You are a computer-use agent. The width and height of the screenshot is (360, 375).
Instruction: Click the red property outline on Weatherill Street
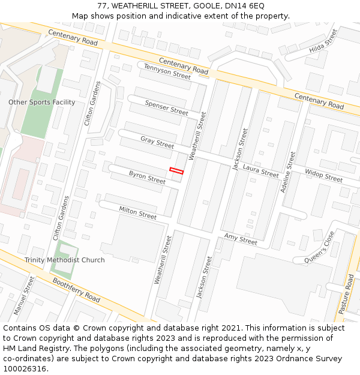pyautogui.click(x=176, y=171)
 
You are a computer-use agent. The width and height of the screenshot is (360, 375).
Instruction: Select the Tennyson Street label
pyautogui.click(x=167, y=71)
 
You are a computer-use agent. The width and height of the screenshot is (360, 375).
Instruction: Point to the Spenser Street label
pyautogui.click(x=166, y=108)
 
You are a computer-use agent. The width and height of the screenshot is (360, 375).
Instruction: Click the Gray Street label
pyautogui.click(x=157, y=142)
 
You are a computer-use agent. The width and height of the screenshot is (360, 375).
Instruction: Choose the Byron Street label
pyautogui.click(x=147, y=177)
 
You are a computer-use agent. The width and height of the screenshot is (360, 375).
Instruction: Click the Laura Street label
pyautogui.click(x=261, y=170)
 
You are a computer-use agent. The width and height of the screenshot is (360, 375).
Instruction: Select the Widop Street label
pyautogui.click(x=323, y=175)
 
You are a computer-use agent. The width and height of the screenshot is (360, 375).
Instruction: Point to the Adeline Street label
pyautogui.click(x=288, y=172)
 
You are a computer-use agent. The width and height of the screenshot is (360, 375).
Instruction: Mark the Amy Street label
pyautogui.click(x=241, y=239)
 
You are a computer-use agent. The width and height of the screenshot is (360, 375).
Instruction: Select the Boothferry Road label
pyautogui.click(x=76, y=289)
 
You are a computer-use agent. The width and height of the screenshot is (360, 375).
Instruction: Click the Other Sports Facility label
pyautogui.click(x=42, y=102)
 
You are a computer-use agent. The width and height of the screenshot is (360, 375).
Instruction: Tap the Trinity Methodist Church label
pyautogui.click(x=64, y=260)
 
